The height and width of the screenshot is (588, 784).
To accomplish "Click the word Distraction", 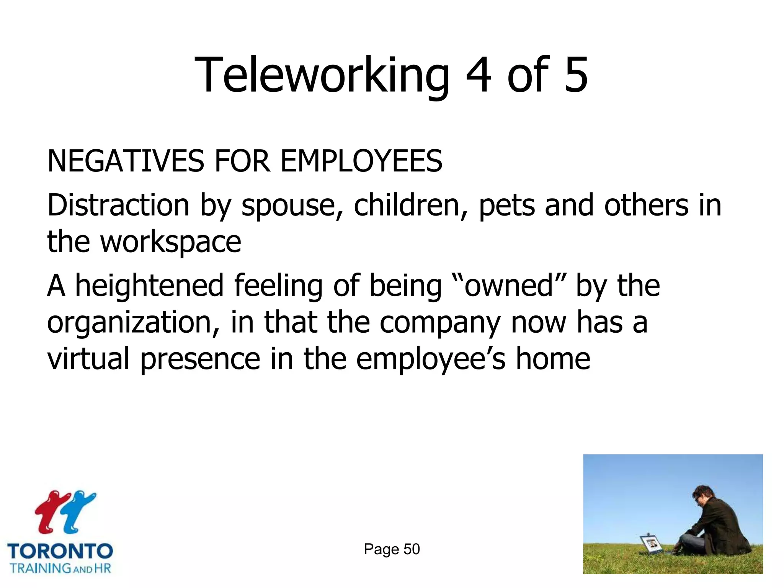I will click(x=118, y=206).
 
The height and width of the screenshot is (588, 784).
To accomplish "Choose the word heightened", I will click(x=149, y=286).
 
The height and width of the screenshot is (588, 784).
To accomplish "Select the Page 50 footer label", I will click(x=392, y=549).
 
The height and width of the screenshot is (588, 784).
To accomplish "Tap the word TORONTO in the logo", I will click(x=60, y=552).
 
